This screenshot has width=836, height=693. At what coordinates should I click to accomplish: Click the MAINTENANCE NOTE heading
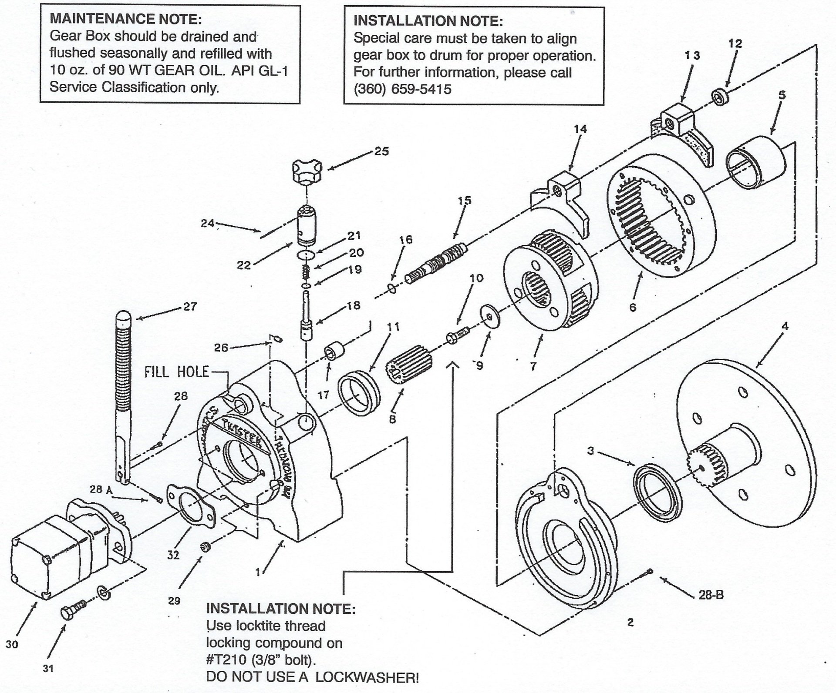coord(126,19)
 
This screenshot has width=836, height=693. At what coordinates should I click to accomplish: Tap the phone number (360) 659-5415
coord(402,89)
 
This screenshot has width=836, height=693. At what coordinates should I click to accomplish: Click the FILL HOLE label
coord(176,372)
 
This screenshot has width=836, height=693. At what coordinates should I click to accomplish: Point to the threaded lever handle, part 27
coord(123,392)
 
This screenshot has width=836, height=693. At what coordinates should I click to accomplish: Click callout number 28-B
coord(711,595)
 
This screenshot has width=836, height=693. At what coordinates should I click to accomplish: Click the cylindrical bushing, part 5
coord(755,162)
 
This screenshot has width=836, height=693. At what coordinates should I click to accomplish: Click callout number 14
coord(580,129)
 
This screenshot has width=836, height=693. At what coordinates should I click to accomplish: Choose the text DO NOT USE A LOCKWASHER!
coord(312,677)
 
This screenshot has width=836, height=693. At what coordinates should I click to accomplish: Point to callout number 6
coord(633,307)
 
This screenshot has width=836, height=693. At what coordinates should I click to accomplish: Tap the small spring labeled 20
coord(306,272)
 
